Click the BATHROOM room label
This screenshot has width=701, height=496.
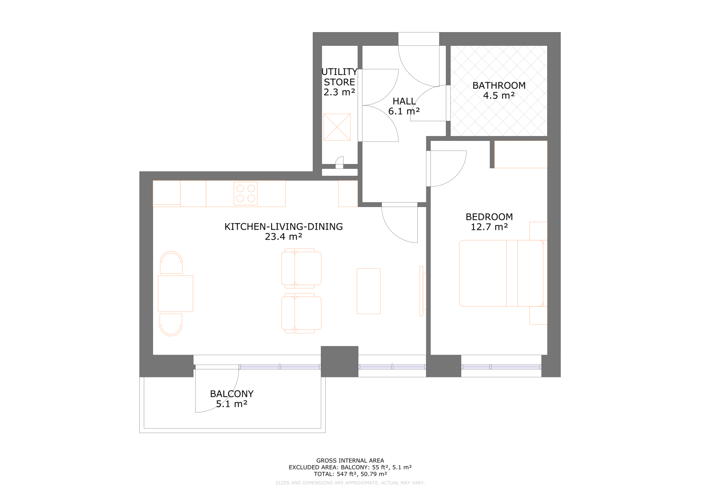(x=499, y=85)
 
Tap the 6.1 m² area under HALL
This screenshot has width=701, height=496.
(x=404, y=111)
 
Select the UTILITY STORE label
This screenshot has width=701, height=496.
(x=339, y=77)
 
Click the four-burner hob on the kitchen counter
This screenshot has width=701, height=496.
(x=245, y=194)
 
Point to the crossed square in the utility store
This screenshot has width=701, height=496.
(x=337, y=127)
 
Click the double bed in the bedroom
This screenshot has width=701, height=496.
(x=501, y=273)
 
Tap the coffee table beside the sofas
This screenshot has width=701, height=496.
(x=368, y=291)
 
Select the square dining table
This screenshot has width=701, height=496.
(x=175, y=294)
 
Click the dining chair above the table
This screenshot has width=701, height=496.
(x=171, y=263)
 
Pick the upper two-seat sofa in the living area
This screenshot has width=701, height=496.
(x=301, y=268)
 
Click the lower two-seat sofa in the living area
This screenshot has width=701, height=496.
(x=301, y=313)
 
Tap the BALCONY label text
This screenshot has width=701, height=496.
(x=232, y=394)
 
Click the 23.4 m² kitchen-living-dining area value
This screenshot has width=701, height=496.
(x=283, y=237)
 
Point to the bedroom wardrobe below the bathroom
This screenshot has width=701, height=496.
(x=520, y=154)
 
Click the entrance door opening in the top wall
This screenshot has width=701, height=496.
(x=418, y=39)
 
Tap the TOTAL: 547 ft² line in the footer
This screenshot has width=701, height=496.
(x=350, y=474)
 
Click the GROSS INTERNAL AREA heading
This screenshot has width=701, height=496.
(x=350, y=461)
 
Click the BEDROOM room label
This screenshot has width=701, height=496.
(x=489, y=217)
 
